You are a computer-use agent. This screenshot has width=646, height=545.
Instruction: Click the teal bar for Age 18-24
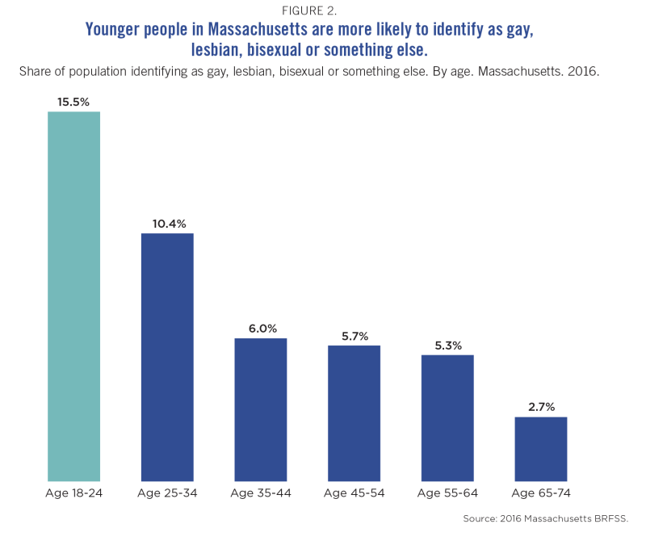pyautogui.click(x=73, y=296)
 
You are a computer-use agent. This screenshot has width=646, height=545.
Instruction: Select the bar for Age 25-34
pyautogui.click(x=167, y=357)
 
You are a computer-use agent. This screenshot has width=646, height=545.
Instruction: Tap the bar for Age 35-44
pyautogui.click(x=261, y=409)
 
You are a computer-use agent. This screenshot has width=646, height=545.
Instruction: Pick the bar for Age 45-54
pyautogui.click(x=354, y=413)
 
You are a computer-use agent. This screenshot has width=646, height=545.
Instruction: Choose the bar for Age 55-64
pyautogui.click(x=447, y=417)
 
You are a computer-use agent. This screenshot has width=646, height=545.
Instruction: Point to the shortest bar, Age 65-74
pyautogui.click(x=541, y=449)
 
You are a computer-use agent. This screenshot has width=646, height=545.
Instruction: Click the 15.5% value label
pyautogui.click(x=73, y=102)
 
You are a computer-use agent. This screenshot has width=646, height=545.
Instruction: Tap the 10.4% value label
pyautogui.click(x=167, y=224)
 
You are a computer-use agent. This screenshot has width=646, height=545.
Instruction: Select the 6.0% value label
pyautogui.click(x=261, y=329)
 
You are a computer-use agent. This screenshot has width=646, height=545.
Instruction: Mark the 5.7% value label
pyautogui.click(x=354, y=336)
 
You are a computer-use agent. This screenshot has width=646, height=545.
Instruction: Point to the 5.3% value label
pyautogui.click(x=447, y=346)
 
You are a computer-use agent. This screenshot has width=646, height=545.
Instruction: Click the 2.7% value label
pyautogui.click(x=541, y=407)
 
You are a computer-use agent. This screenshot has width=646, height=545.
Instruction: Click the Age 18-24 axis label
pyautogui.click(x=73, y=493)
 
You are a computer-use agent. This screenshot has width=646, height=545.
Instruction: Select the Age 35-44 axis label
pyautogui.click(x=261, y=493)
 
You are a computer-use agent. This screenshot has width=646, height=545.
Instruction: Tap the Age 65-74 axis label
pyautogui.click(x=541, y=493)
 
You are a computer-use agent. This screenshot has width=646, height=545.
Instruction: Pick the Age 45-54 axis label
pyautogui.click(x=354, y=493)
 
